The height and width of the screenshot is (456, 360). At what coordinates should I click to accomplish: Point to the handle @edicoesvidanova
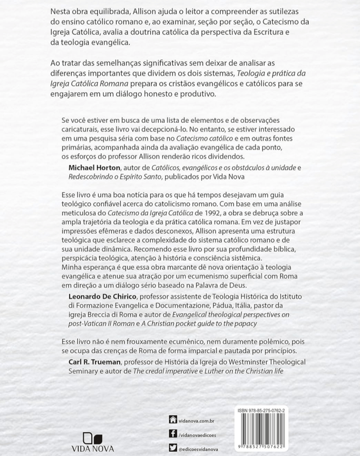pyautogui.click(x=198, y=449)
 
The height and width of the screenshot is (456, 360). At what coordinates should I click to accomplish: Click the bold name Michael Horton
pyautogui.click(x=94, y=168)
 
